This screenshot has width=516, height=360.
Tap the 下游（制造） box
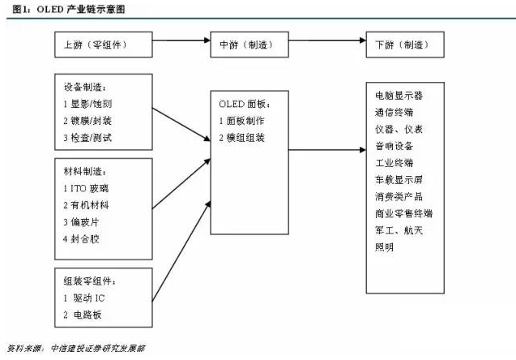coord(403,44)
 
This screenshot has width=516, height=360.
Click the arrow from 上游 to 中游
coord(180,44)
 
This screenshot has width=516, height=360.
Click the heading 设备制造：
coord(84,87)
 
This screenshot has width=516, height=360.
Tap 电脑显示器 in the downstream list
coord(399,95)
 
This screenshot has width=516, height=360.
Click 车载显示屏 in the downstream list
coord(399,179)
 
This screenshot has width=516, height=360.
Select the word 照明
coord(384,247)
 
